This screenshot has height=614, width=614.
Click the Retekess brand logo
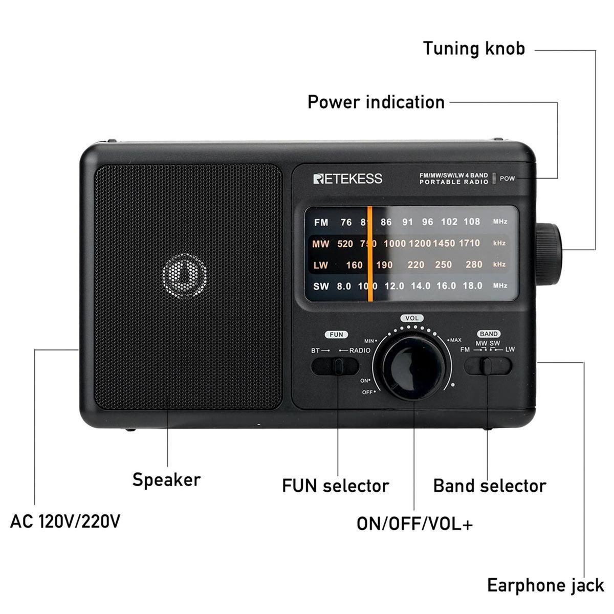(x=347, y=179)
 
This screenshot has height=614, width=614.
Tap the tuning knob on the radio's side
(x=549, y=254)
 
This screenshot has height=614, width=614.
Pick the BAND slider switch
(x=488, y=366)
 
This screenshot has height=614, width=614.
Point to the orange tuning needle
(x=369, y=254)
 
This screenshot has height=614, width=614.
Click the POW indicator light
(x=494, y=178)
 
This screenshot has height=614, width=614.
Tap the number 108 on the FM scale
(x=472, y=222)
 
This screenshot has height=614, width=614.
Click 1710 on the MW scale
(x=469, y=243)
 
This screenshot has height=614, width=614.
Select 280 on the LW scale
(x=474, y=265)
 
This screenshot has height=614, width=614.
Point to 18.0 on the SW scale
(x=473, y=286)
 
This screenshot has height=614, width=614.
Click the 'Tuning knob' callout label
(x=474, y=49)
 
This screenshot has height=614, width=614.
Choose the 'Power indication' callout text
(x=376, y=102)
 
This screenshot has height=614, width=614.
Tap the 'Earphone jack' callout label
(x=545, y=586)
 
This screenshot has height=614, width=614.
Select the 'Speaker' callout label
(x=166, y=480)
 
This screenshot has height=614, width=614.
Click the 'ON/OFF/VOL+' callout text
(x=414, y=524)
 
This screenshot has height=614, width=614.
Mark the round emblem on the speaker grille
(x=185, y=276)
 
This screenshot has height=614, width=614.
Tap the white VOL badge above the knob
(x=412, y=318)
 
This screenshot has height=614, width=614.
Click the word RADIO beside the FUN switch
(x=360, y=350)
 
